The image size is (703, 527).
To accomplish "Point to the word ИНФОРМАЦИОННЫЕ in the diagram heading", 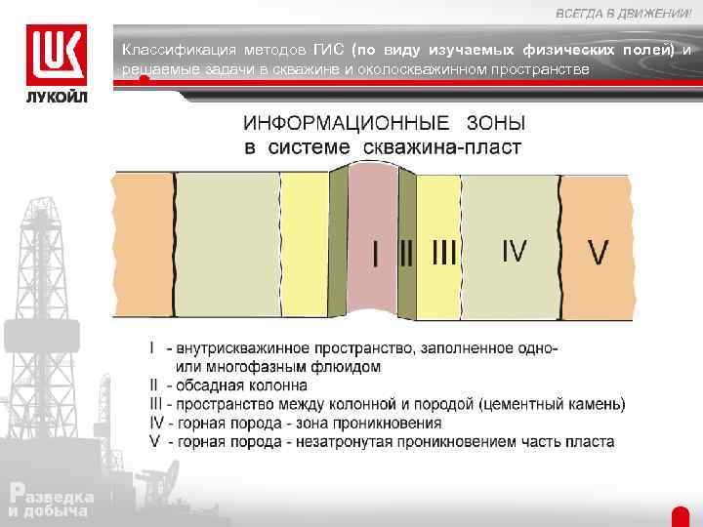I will [x=347, y=124].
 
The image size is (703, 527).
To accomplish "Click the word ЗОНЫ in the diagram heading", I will [x=495, y=124].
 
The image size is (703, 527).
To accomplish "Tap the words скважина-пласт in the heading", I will [x=442, y=148].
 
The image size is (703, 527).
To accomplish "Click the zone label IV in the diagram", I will [x=514, y=252].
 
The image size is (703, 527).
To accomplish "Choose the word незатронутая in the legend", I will [x=355, y=441].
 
